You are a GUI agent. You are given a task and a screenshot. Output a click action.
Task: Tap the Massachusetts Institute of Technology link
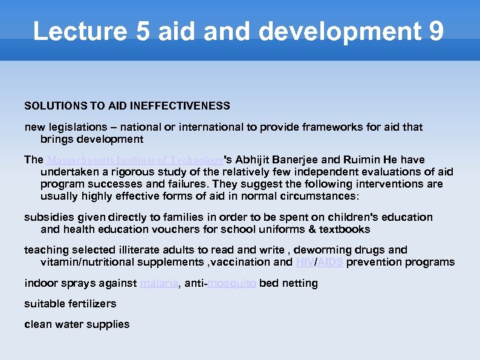tap(134, 160)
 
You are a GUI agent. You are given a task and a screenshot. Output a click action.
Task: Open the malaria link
tap(159, 283)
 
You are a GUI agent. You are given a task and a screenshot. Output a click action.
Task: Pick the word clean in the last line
tap(37, 324)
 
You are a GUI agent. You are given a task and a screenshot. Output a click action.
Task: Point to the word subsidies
tap(47, 217)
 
